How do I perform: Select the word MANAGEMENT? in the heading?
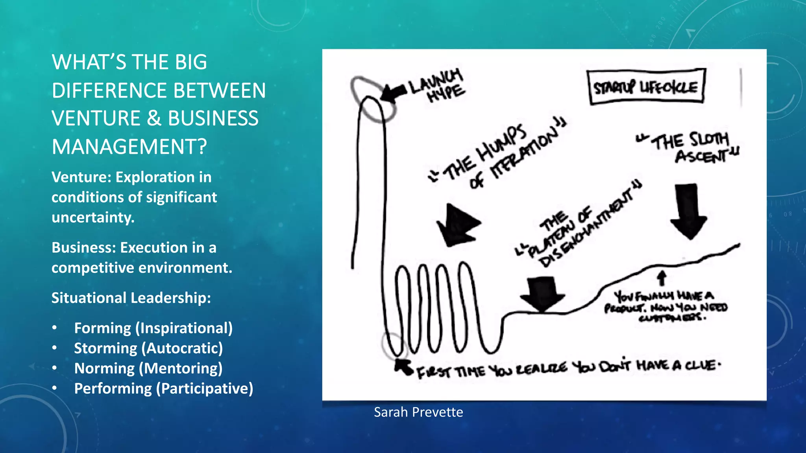(x=129, y=147)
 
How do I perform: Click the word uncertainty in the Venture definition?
(x=93, y=217)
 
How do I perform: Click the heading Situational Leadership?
(x=131, y=298)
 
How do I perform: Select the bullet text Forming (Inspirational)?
(x=153, y=328)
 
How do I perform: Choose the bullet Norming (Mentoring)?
(x=148, y=368)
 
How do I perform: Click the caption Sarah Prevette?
(x=418, y=412)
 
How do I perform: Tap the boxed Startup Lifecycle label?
(x=646, y=87)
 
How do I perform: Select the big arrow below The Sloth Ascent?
(x=688, y=210)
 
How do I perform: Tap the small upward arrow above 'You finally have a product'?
(x=662, y=278)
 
